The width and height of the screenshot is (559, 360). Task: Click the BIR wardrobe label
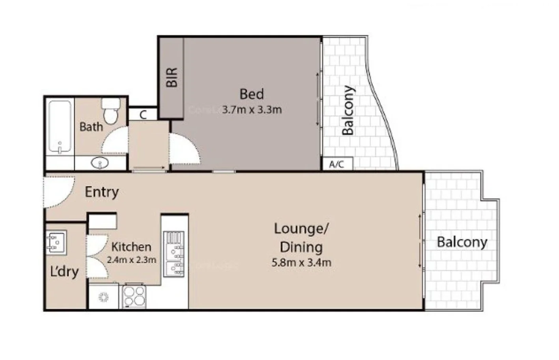click(172, 77)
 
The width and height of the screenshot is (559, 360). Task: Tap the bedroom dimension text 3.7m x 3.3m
click(252, 110)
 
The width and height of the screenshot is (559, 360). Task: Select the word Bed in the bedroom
click(252, 94)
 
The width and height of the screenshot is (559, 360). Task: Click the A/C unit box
click(337, 164)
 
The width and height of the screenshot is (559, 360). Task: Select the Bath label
click(91, 127)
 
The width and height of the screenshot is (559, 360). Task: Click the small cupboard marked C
click(143, 115)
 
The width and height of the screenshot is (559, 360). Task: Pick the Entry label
click(102, 192)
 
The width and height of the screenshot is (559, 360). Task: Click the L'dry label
click(64, 272)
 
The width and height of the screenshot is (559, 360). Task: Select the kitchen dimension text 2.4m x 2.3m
click(131, 260)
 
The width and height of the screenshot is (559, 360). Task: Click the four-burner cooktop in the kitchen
click(134, 296)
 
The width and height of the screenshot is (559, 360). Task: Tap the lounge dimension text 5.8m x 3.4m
click(301, 262)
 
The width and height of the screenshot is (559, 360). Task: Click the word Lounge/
click(301, 229)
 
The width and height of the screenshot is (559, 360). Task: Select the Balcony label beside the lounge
click(462, 242)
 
